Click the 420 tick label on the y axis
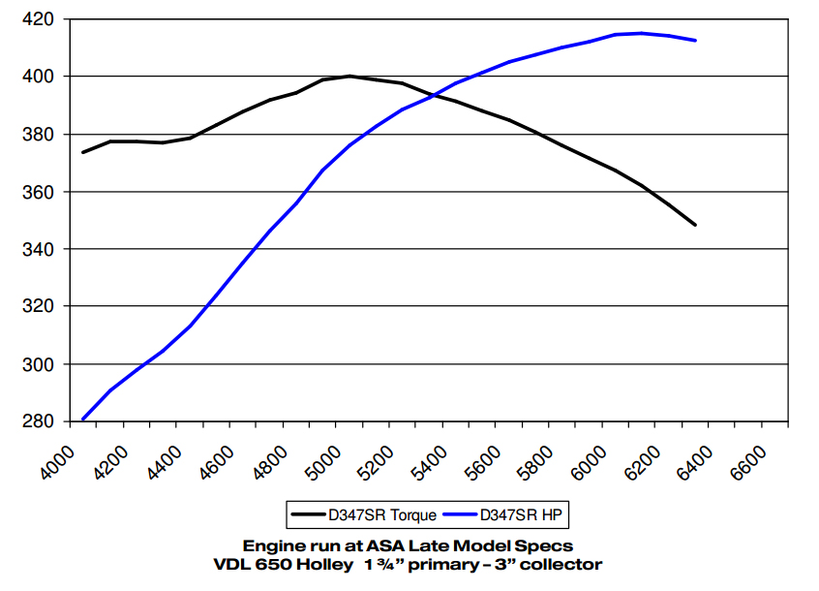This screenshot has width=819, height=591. coord(38,18)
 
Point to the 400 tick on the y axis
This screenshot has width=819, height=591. coord(38,76)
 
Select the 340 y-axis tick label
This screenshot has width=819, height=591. coord(38,249)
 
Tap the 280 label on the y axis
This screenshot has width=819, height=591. coord(38,421)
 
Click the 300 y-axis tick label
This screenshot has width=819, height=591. coord(38,364)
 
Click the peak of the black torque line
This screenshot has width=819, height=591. coord(349,76)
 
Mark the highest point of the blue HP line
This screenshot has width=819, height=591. coord(641,33)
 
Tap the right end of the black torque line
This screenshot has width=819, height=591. coord(695,225)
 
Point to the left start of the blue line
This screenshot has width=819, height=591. coord(83,420)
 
